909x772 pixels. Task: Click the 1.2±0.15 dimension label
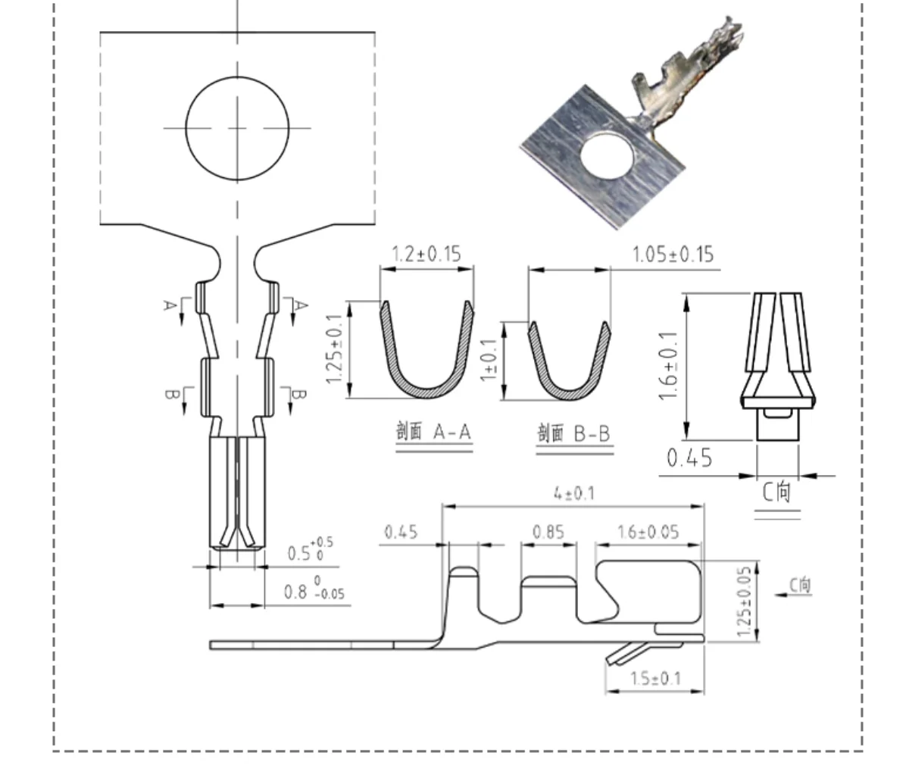(426, 254)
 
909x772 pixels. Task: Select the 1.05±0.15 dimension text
(673, 255)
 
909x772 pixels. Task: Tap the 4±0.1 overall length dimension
(574, 493)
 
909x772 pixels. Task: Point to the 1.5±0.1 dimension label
(656, 679)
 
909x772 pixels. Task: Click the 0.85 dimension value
(548, 533)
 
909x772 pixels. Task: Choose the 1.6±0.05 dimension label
(648, 533)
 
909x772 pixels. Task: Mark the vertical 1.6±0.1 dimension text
(668, 366)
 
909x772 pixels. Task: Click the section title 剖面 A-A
(433, 431)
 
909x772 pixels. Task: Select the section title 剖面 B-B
(573, 433)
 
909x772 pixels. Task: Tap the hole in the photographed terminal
(608, 157)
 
